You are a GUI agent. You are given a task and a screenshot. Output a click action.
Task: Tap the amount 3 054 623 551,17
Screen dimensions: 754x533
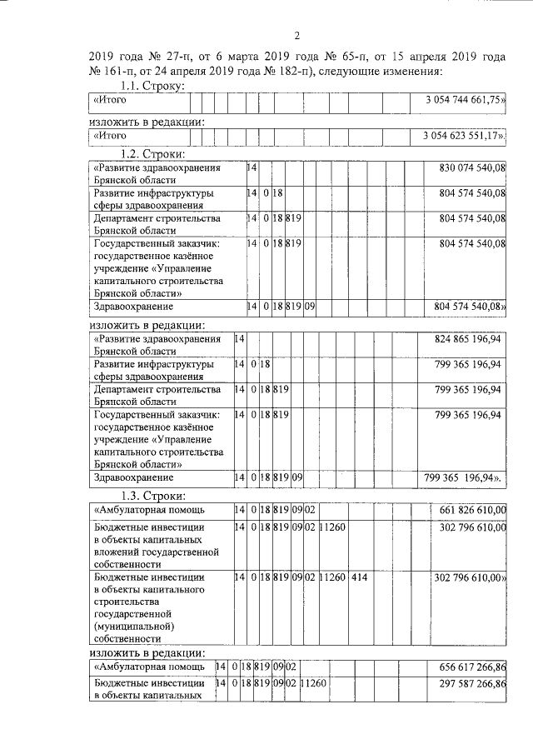pos(464,135)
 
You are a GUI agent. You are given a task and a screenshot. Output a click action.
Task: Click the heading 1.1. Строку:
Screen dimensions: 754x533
pos(152,87)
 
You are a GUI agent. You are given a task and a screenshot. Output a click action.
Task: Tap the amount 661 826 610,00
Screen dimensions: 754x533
pos(472,510)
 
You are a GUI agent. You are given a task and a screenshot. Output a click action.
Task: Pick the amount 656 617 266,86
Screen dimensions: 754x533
pos(472,667)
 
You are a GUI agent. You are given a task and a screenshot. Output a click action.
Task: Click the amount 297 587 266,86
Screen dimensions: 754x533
pos(472,682)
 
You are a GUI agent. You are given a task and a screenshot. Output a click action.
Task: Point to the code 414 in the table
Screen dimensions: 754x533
pos(360,577)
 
